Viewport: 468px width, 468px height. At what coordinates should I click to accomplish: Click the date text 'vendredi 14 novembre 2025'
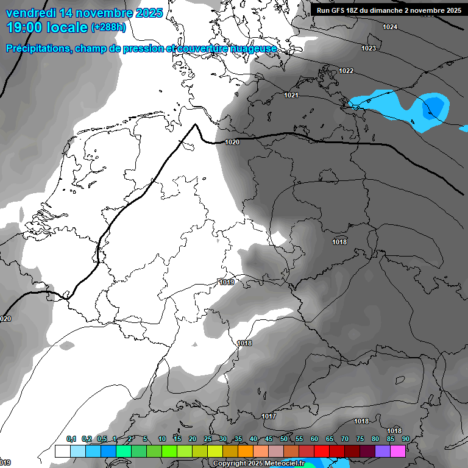(84, 13)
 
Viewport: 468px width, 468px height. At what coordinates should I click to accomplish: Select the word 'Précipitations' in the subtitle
(38, 49)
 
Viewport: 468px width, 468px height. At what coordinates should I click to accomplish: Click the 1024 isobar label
(390, 27)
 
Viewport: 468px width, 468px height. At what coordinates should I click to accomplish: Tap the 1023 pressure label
(369, 48)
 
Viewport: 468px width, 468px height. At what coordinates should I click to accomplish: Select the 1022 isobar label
(346, 71)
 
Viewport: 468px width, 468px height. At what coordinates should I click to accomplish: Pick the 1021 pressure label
(291, 95)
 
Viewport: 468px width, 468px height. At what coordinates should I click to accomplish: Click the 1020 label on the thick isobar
(232, 142)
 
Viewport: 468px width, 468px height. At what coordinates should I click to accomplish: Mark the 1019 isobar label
(227, 282)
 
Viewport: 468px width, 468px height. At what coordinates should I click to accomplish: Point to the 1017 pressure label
(269, 416)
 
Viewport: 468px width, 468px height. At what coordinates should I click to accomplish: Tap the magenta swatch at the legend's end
(398, 451)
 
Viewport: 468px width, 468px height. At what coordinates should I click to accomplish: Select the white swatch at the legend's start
(63, 451)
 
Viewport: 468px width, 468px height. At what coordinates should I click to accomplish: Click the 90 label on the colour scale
(405, 439)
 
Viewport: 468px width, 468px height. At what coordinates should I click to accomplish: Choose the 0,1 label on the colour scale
(71, 439)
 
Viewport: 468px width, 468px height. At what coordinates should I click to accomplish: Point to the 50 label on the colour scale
(284, 439)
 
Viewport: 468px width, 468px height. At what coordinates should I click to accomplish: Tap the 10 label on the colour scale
(162, 439)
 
